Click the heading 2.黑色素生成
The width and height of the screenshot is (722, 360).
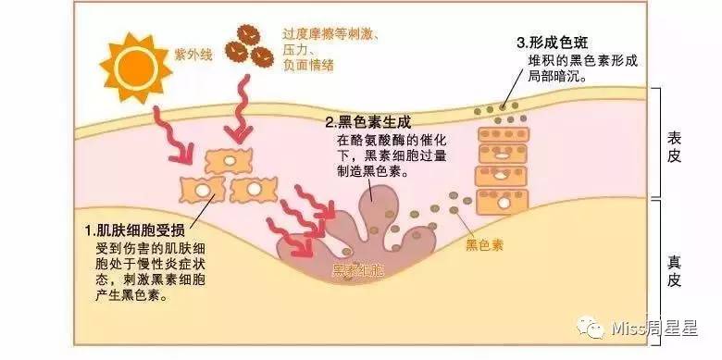point(367,121)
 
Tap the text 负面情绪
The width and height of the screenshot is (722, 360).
point(309,65)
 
